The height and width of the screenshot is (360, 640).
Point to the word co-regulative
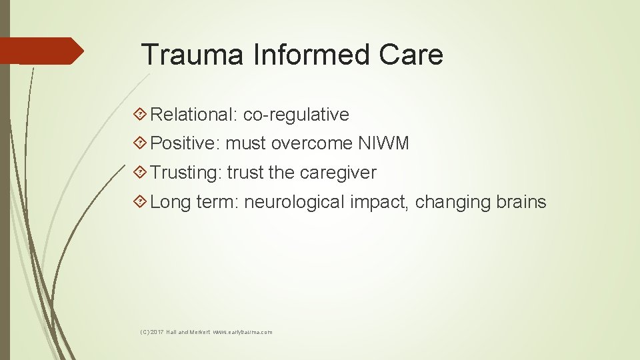coord(296,115)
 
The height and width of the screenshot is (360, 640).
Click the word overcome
coord(311,143)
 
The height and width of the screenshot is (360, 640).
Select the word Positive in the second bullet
coord(185,143)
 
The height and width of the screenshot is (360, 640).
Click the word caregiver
coord(338,173)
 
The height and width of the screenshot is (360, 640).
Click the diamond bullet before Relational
coord(140,115)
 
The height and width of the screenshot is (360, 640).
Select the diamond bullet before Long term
coord(140,202)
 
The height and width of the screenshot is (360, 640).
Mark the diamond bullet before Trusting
coord(140,173)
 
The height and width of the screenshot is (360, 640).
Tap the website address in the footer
coord(243,332)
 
